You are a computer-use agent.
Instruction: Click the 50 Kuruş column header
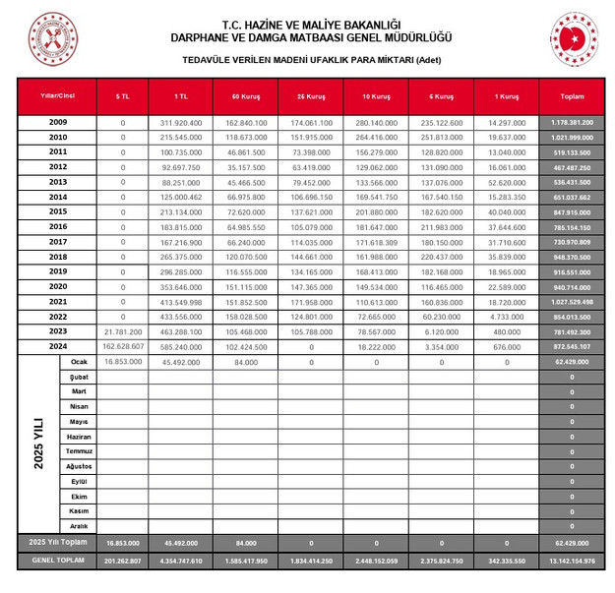[x=245, y=96]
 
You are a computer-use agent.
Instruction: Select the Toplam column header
[x=571, y=96]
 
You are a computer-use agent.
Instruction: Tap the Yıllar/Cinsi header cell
[x=58, y=95]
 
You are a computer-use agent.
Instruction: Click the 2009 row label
[x=58, y=122]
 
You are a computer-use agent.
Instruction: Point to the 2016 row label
[x=58, y=226]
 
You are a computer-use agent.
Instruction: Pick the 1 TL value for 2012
[x=181, y=167]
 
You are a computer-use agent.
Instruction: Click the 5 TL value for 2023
[x=123, y=331]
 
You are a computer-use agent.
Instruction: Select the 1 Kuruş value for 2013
[x=506, y=182]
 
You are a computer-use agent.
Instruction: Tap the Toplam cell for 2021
[x=571, y=302]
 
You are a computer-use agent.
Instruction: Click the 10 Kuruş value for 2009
[x=376, y=122]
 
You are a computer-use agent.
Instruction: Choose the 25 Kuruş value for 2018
[x=311, y=257]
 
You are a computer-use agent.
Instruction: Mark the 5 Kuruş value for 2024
[x=441, y=346]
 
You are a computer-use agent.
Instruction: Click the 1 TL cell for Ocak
[x=181, y=362]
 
